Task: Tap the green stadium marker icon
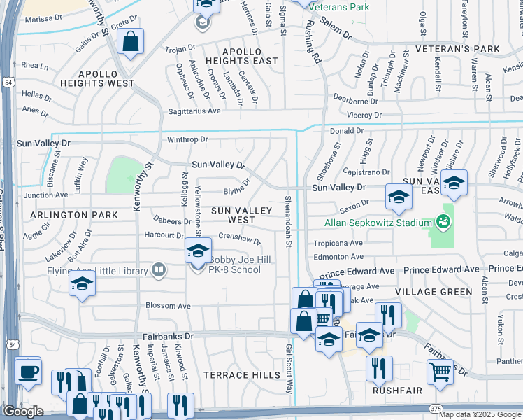click(441, 223)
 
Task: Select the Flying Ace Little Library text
click(99, 270)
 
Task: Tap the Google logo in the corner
click(23, 412)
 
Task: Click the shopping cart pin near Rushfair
click(439, 372)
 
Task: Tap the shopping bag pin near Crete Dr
click(131, 41)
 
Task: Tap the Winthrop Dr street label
click(187, 139)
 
